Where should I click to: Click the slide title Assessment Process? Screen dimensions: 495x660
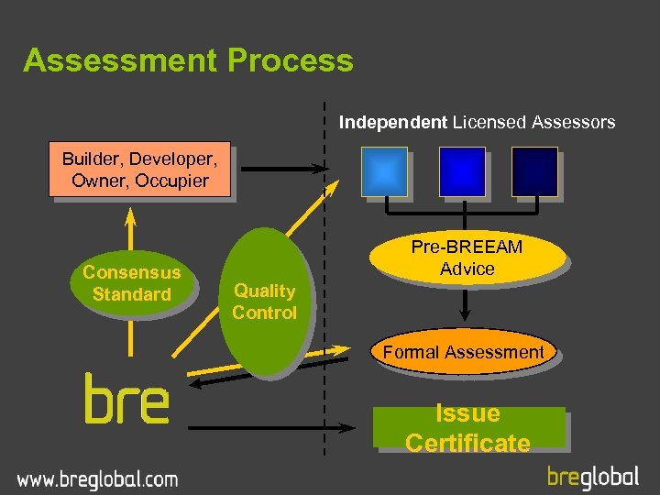pyautogui.click(x=188, y=60)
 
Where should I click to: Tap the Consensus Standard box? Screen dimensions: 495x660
pyautogui.click(x=132, y=283)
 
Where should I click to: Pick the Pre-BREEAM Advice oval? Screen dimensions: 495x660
pyautogui.click(x=466, y=258)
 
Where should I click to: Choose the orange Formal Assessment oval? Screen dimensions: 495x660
pyautogui.click(x=463, y=352)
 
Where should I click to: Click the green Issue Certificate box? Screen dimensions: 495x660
pyautogui.click(x=467, y=428)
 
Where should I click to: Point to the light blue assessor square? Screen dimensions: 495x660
pyautogui.click(x=384, y=171)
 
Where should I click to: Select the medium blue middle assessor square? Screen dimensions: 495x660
pyautogui.click(x=462, y=171)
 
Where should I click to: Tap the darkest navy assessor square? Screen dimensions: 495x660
pyautogui.click(x=534, y=171)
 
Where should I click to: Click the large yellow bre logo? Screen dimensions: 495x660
pyautogui.click(x=126, y=399)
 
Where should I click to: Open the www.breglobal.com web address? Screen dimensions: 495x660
pyautogui.click(x=97, y=478)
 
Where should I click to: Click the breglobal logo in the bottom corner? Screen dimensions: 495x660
pyautogui.click(x=593, y=476)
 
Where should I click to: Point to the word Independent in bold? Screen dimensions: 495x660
pyautogui.click(x=393, y=122)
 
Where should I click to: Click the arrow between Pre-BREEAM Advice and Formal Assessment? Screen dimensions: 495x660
pyautogui.click(x=466, y=302)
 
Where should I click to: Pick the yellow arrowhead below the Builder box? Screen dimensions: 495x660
pyautogui.click(x=131, y=217)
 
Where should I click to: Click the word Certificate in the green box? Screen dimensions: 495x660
pyautogui.click(x=467, y=444)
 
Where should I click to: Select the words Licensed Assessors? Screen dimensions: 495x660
pyautogui.click(x=534, y=122)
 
